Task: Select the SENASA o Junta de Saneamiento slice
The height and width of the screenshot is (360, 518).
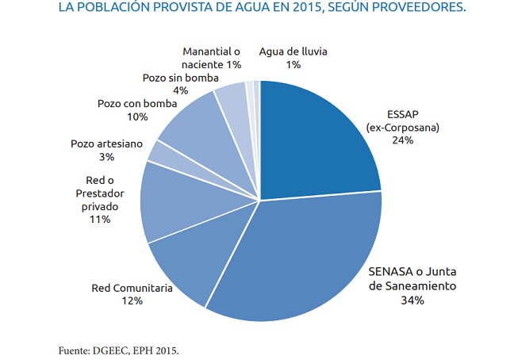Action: pos(294,254)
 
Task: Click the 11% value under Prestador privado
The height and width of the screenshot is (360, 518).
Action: pos(100,218)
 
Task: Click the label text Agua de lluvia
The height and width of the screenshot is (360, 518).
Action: pos(294,52)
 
